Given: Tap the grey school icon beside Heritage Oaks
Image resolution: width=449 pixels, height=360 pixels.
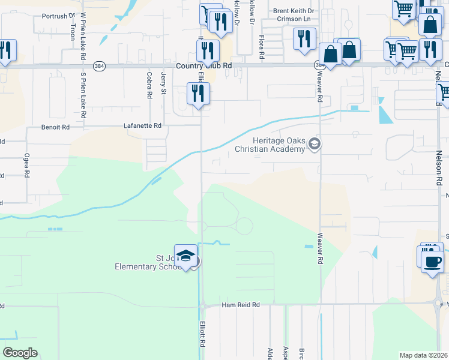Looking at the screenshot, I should coord(314,144).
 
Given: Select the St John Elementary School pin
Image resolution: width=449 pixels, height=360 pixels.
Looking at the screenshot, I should coord(186,256).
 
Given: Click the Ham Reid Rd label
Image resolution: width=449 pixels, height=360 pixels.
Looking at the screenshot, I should coord(240,305).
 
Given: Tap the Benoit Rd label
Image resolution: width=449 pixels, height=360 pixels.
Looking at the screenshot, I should coord(55,127).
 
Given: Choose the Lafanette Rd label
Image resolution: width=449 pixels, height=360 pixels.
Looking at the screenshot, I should coord(142,126).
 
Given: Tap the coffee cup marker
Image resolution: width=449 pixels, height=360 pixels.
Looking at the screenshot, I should coord(432,262).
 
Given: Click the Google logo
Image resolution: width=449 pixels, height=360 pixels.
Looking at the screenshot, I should coord(20,353).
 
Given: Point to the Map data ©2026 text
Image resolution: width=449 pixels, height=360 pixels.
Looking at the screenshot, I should coord(423,355).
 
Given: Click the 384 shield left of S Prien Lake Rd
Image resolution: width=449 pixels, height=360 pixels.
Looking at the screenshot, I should coord(100,67).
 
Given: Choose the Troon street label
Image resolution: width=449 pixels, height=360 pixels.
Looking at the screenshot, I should coord(73,32).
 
